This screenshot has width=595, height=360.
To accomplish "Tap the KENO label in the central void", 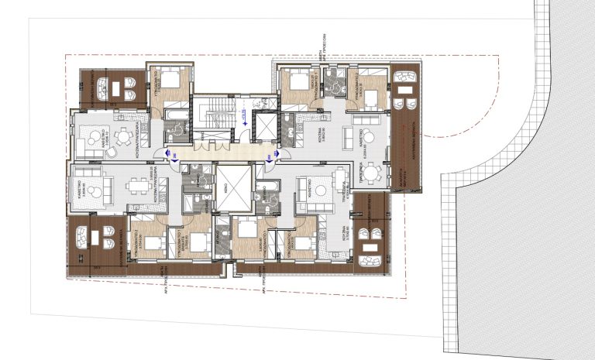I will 234,188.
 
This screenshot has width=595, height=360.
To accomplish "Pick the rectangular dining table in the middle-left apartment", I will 140,186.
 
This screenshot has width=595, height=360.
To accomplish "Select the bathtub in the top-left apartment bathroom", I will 174,118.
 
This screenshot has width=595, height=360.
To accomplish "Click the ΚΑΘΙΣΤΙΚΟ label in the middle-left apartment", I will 81,187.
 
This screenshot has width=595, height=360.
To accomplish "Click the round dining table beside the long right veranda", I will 372,172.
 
